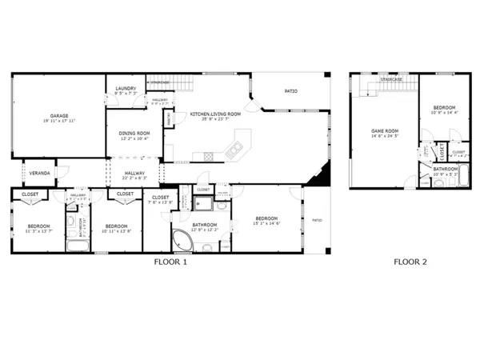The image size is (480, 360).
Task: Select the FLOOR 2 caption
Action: (410, 262)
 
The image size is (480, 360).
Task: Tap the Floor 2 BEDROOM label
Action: (445, 108)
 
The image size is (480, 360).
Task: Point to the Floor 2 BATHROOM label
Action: (446, 169)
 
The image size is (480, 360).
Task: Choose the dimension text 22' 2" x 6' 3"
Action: (134, 178)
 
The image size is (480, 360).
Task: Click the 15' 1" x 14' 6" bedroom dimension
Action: (267, 223)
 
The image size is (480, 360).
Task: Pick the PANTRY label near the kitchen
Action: (169, 118)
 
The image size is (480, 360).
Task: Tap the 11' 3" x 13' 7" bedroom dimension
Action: (39, 231)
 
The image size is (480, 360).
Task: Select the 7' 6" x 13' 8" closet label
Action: (160, 202)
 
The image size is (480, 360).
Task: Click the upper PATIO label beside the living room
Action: (291, 91)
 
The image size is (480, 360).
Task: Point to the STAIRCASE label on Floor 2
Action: (391, 79)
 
